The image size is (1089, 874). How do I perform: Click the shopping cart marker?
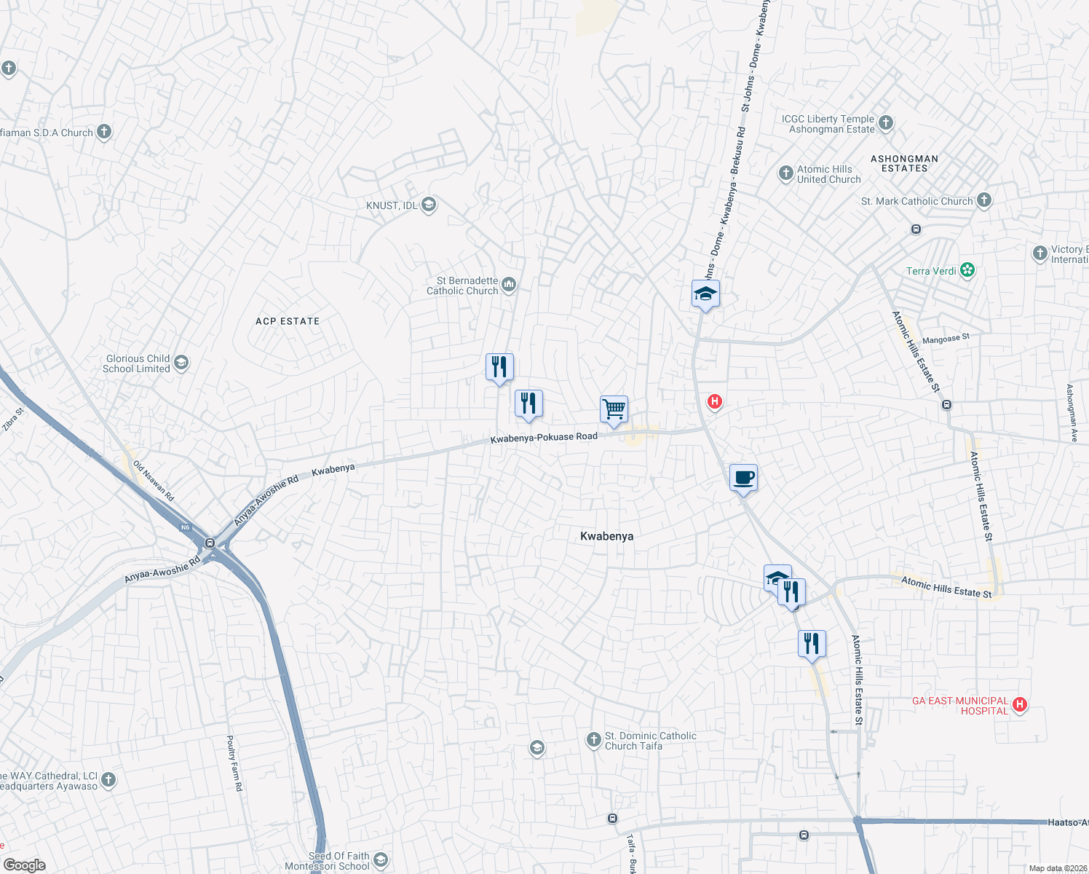614,409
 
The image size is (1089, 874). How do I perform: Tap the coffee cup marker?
743,478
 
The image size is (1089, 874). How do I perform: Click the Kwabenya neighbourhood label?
606,536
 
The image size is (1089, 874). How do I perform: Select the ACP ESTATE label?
288,321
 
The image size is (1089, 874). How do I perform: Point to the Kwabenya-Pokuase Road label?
544,438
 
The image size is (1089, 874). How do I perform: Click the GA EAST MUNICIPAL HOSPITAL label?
960,706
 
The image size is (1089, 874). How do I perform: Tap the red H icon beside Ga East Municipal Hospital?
1020,704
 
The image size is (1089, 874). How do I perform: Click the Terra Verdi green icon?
967,271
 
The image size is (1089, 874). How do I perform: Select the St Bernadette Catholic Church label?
462,286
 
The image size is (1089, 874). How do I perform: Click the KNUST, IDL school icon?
429,205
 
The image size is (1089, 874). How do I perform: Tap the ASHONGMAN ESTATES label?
904,163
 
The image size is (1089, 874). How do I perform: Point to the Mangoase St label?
946,339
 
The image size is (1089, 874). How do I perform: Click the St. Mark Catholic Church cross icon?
984,200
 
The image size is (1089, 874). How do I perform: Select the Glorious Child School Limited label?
138,363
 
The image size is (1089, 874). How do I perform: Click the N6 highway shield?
185,527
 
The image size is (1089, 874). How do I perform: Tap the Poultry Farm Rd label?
234,763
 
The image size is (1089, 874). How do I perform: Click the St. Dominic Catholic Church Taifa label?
650,741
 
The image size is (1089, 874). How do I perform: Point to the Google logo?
24,865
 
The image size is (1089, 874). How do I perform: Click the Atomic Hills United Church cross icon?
785,173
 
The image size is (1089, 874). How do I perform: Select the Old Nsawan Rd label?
154,481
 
